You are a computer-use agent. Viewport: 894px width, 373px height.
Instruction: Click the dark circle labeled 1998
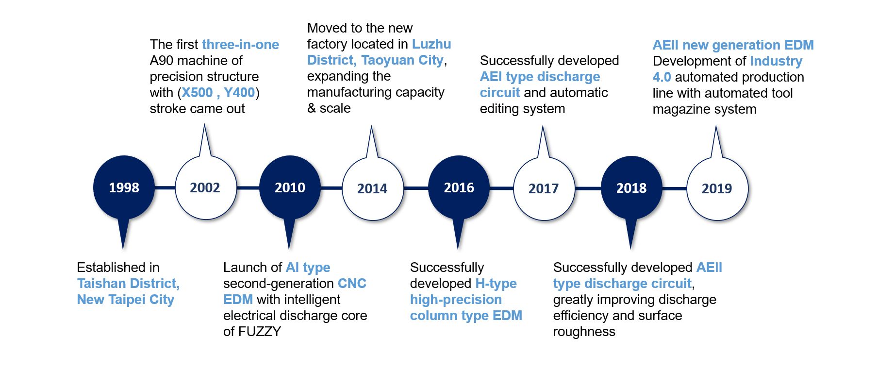coord(124,187)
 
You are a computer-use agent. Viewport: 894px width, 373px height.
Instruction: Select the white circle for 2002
coord(205,187)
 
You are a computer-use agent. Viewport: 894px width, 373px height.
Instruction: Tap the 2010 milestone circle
coord(290,187)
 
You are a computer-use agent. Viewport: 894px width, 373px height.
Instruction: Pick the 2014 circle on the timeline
coord(372,188)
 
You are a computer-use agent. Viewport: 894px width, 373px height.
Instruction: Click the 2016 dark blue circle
coord(459,187)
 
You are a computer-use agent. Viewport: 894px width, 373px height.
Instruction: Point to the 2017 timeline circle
coord(544,188)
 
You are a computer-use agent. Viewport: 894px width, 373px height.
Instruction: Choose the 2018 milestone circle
coord(631,188)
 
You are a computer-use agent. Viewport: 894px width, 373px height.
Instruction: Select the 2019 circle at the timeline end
coord(717,188)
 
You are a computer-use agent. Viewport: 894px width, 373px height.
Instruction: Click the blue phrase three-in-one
coord(240,45)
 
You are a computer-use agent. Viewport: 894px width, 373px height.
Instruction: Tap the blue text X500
coord(197,93)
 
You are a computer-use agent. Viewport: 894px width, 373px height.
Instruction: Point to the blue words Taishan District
coord(128,284)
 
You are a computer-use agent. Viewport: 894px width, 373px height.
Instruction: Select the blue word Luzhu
coord(431,44)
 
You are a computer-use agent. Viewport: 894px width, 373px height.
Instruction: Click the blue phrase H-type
coord(496,284)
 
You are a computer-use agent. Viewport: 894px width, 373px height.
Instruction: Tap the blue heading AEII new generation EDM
coord(733,45)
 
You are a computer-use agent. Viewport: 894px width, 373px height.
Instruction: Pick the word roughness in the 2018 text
coord(584,332)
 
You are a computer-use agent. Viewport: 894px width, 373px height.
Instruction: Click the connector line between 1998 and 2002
coord(165,187)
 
